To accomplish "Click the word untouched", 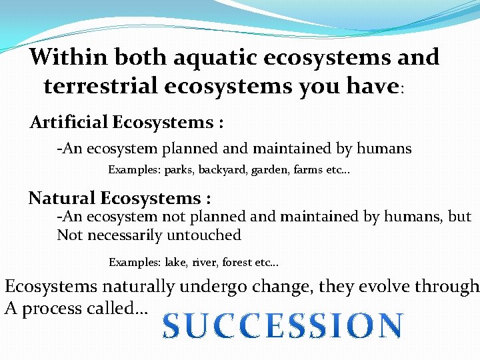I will (207, 235).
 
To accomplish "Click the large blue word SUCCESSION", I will (283, 326).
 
